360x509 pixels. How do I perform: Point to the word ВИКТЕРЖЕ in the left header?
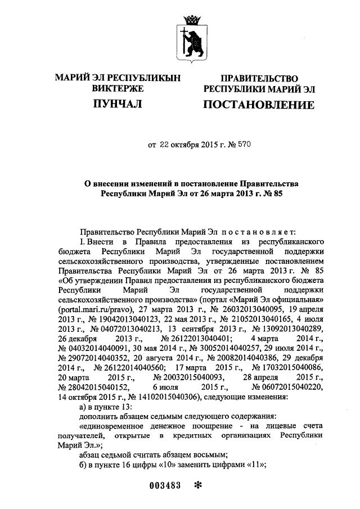pyautogui.click(x=117, y=88)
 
